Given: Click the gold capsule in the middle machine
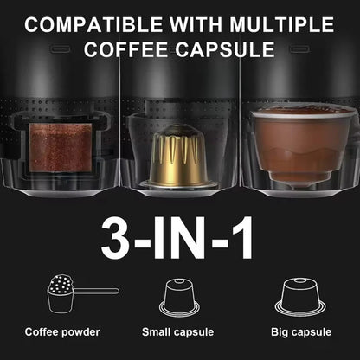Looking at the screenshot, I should click(178, 156).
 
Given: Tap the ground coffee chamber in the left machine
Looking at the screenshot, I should click(61, 149).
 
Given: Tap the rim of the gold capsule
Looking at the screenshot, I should click(178, 183).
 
